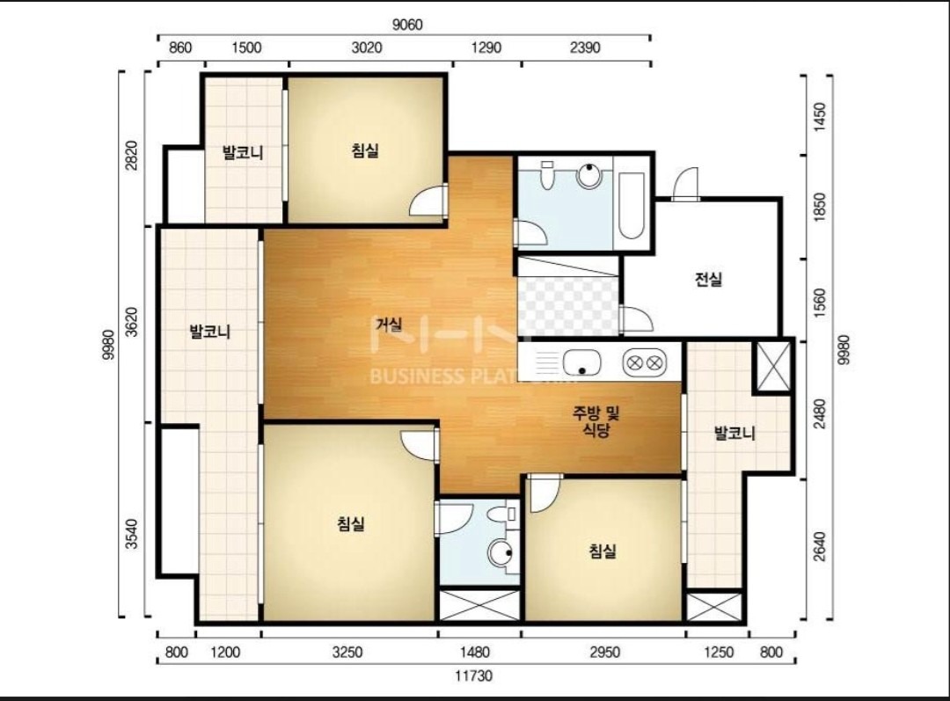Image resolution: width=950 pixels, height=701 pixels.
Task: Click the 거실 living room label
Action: pyautogui.click(x=389, y=325)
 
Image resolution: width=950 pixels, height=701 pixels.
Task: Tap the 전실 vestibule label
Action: pyautogui.click(x=707, y=280)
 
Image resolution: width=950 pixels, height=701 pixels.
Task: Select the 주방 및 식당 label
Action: pyautogui.click(x=596, y=421)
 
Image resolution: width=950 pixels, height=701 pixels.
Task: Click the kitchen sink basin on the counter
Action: pyautogui.click(x=581, y=363)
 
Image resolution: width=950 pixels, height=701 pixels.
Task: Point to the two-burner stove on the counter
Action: pyautogui.click(x=644, y=363)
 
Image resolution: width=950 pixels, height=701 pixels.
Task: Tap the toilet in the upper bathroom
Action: pyautogui.click(x=547, y=175)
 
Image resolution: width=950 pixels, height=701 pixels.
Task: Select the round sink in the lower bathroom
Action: pyautogui.click(x=501, y=552)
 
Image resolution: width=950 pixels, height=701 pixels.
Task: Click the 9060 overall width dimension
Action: pyautogui.click(x=407, y=25)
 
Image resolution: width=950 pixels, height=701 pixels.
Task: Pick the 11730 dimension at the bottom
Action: pyautogui.click(x=474, y=675)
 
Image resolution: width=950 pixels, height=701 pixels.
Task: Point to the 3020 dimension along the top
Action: pyautogui.click(x=367, y=47)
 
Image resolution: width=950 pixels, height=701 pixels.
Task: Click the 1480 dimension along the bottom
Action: pyautogui.click(x=474, y=652)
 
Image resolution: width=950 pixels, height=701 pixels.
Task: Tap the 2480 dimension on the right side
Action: pyautogui.click(x=819, y=413)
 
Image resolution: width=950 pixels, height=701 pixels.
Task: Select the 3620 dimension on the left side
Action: pyautogui.click(x=131, y=322)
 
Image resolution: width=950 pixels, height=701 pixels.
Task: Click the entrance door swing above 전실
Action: pyautogui.click(x=686, y=183)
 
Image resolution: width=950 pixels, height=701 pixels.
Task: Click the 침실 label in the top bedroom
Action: pyautogui.click(x=365, y=150)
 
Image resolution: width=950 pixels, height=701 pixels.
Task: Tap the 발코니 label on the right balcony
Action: pyautogui.click(x=734, y=434)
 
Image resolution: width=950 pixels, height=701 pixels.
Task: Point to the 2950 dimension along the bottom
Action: pyautogui.click(x=604, y=652)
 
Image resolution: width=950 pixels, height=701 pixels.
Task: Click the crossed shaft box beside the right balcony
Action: pyautogui.click(x=772, y=367)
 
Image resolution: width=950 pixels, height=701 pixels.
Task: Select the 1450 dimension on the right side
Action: pyautogui.click(x=819, y=117)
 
